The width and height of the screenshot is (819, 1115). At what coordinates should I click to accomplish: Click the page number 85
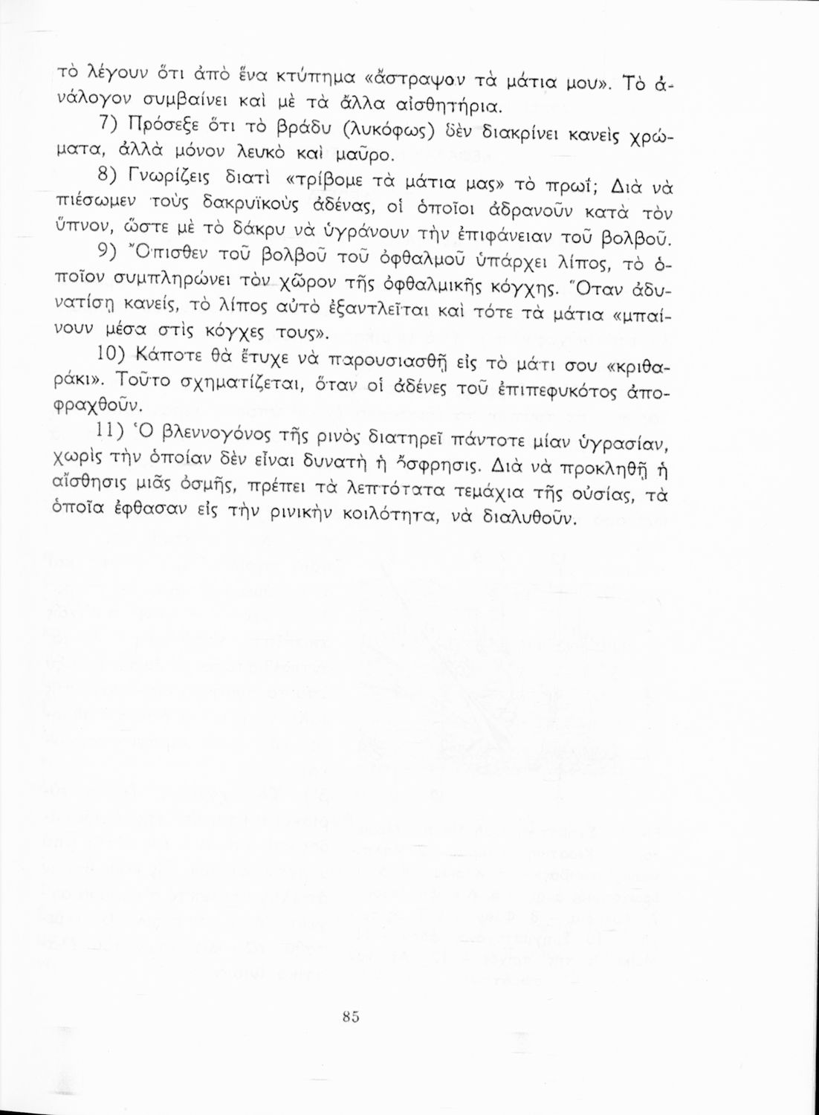point(352,1017)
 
